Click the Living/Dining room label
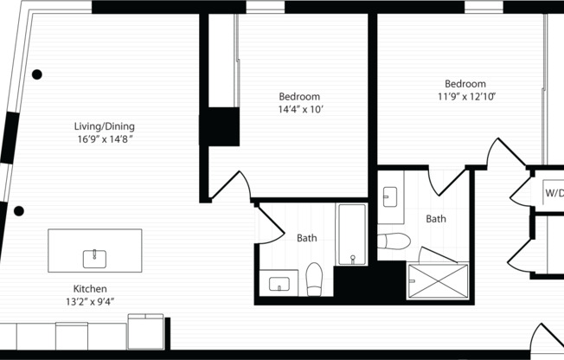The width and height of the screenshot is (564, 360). point(104,125)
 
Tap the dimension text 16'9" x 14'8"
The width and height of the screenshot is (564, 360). point(104,138)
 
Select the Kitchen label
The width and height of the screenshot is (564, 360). point(90,289)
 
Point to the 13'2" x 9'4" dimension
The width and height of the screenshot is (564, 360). point(90,302)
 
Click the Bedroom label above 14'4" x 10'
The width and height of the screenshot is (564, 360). point(299,96)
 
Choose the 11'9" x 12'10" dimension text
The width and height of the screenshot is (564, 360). point(466,97)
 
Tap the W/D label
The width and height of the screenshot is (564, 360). point(553,193)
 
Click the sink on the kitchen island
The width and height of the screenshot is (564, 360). point(94,257)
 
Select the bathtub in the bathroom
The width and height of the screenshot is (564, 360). point(352,234)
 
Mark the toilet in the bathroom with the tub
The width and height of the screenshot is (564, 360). point(315,278)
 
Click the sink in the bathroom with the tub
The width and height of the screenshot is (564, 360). point(279,283)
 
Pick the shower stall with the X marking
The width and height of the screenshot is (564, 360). point(438,281)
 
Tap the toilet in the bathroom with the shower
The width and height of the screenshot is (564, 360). point(394,240)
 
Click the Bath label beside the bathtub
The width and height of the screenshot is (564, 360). point(307,238)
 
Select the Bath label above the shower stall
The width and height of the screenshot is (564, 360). point(436,220)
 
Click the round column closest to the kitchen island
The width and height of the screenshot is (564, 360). point(19,210)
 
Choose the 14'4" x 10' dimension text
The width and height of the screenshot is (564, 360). point(299,110)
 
